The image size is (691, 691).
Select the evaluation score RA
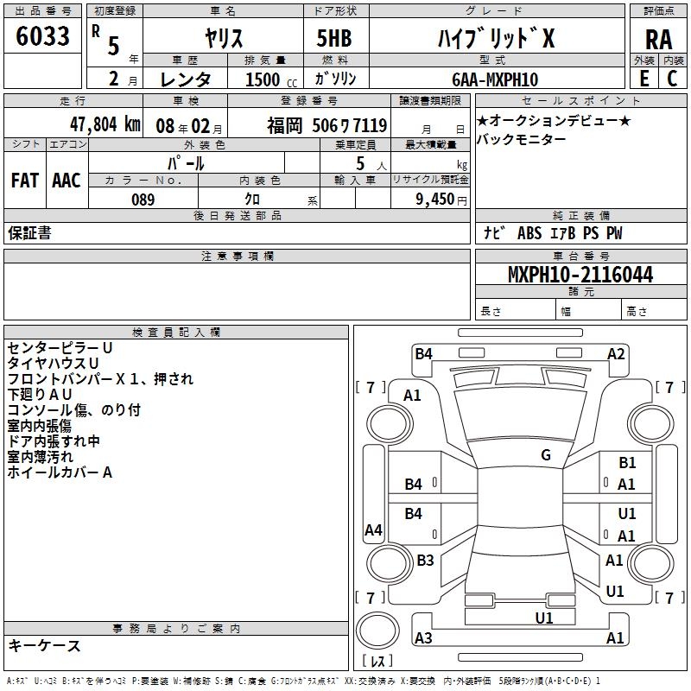coord(658,40)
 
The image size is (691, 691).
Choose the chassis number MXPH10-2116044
coord(580,276)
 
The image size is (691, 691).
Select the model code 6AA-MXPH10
coord(495,79)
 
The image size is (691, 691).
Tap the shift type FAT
coord(24,181)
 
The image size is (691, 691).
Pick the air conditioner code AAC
coord(66,181)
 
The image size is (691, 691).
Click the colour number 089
coord(143,200)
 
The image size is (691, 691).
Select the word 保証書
coord(29,233)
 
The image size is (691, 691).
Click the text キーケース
coord(44,645)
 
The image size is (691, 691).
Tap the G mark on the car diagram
coord(546,455)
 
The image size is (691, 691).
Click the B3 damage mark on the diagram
coord(425,561)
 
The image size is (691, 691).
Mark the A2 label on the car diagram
coord(616,353)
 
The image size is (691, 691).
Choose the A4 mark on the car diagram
coord(373,530)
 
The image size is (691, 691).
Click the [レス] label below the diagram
coord(377,662)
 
